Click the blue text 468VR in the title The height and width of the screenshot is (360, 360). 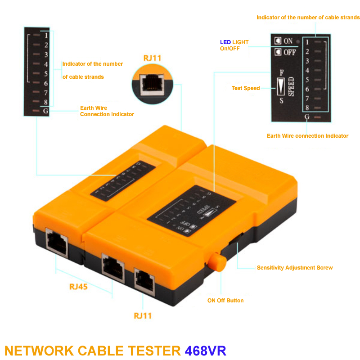click(205, 350)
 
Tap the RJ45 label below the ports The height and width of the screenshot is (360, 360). click(78, 286)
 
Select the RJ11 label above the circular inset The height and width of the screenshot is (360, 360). click(152, 58)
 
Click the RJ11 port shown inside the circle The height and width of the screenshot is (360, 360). click(152, 83)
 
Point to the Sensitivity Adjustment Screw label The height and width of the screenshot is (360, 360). click(294, 268)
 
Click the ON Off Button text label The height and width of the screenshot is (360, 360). click(225, 301)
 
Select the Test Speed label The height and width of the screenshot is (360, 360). click(245, 88)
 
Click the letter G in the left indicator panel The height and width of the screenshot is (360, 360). click(45, 111)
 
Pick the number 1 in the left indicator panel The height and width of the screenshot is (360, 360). click(46, 35)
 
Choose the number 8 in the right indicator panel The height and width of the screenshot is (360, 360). click(307, 108)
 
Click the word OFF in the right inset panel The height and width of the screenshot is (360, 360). click(289, 52)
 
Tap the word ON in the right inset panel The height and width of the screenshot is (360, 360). click(288, 41)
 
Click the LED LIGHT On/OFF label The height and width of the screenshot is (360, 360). click(234, 45)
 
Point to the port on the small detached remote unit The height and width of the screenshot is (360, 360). click(57, 243)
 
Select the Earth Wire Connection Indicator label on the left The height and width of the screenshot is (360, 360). click(107, 111)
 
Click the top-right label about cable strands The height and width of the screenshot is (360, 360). click(308, 18)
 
